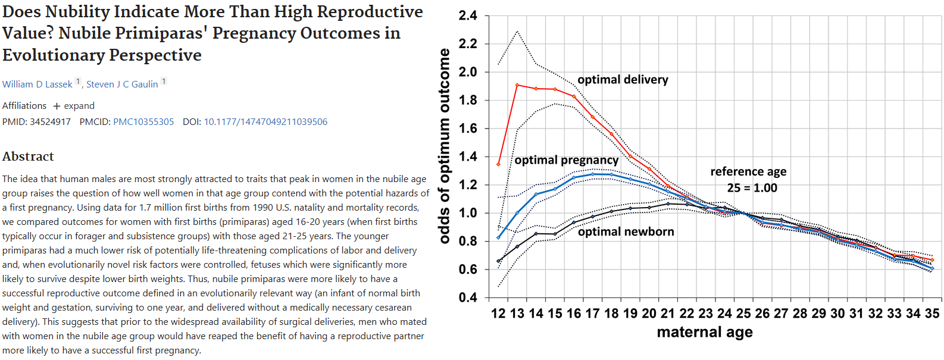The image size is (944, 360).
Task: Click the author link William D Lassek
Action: (37, 84)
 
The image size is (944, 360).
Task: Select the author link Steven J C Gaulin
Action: (122, 84)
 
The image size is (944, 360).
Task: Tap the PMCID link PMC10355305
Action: (143, 122)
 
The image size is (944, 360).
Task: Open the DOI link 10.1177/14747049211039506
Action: (265, 122)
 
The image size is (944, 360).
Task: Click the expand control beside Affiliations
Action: (74, 106)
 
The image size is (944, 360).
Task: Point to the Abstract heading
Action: (28, 156)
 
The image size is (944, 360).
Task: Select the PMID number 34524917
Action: (50, 122)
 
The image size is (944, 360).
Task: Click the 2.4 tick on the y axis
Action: (468, 15)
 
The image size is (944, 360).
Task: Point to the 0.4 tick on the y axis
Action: (468, 298)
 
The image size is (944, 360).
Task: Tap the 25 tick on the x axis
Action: (743, 313)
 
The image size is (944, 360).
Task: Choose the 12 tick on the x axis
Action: (498, 313)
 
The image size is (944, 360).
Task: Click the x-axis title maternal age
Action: (705, 332)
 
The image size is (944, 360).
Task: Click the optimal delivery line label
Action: (623, 80)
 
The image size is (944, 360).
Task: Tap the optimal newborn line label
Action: (626, 231)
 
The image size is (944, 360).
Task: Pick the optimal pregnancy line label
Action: (567, 160)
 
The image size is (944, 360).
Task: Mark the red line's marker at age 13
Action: (517, 85)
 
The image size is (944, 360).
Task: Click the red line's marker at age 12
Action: (499, 164)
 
